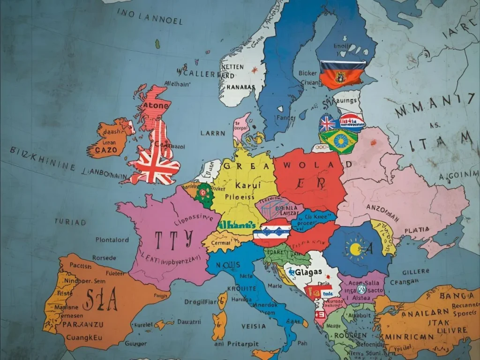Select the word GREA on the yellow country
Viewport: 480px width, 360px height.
tap(240, 165)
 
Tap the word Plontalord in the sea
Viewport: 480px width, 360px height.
tap(112, 240)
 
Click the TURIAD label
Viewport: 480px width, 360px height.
tap(70, 221)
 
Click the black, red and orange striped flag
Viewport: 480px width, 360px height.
tap(342, 74)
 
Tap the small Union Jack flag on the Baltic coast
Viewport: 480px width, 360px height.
tap(327, 124)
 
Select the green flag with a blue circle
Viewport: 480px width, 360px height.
tap(338, 141)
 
